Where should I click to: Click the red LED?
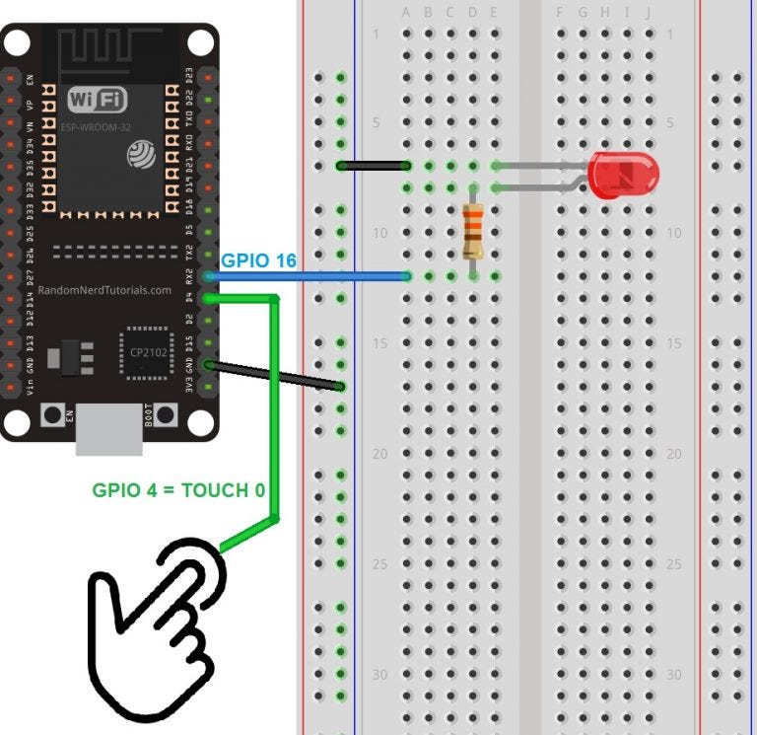pos(623,175)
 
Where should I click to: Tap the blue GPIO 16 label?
pos(258,261)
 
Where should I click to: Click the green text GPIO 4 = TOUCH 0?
pos(178,490)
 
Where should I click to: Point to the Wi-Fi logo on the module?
pos(98,100)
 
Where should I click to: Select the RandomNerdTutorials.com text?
pos(104,291)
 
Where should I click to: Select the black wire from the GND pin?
pos(276,376)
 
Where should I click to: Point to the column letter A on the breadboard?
pos(406,13)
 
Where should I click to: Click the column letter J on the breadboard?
pos(648,13)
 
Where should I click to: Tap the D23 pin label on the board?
pos(189,76)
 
